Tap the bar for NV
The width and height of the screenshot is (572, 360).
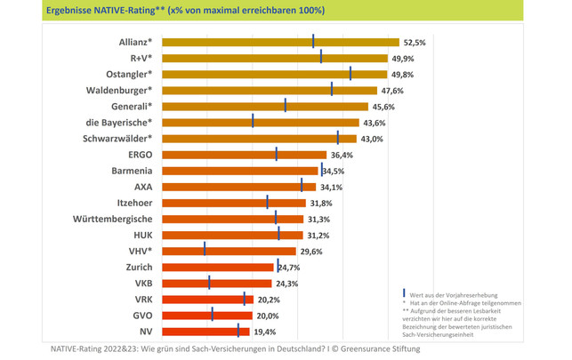[x=201, y=331]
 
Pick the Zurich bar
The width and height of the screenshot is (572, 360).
[x=218, y=267]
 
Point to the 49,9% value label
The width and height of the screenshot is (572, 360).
[x=403, y=58]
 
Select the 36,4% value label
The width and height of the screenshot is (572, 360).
[x=342, y=155]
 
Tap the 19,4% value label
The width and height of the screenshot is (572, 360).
[x=265, y=331]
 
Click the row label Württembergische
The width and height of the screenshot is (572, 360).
[x=117, y=219]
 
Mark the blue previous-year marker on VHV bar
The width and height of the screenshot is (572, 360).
[x=205, y=250]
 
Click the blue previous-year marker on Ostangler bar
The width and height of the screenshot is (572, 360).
[x=350, y=74]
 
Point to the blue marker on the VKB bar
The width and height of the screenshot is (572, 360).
[x=209, y=282]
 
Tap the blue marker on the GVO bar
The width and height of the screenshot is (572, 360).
[x=213, y=315]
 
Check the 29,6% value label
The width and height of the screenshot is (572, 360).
[x=310, y=252]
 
